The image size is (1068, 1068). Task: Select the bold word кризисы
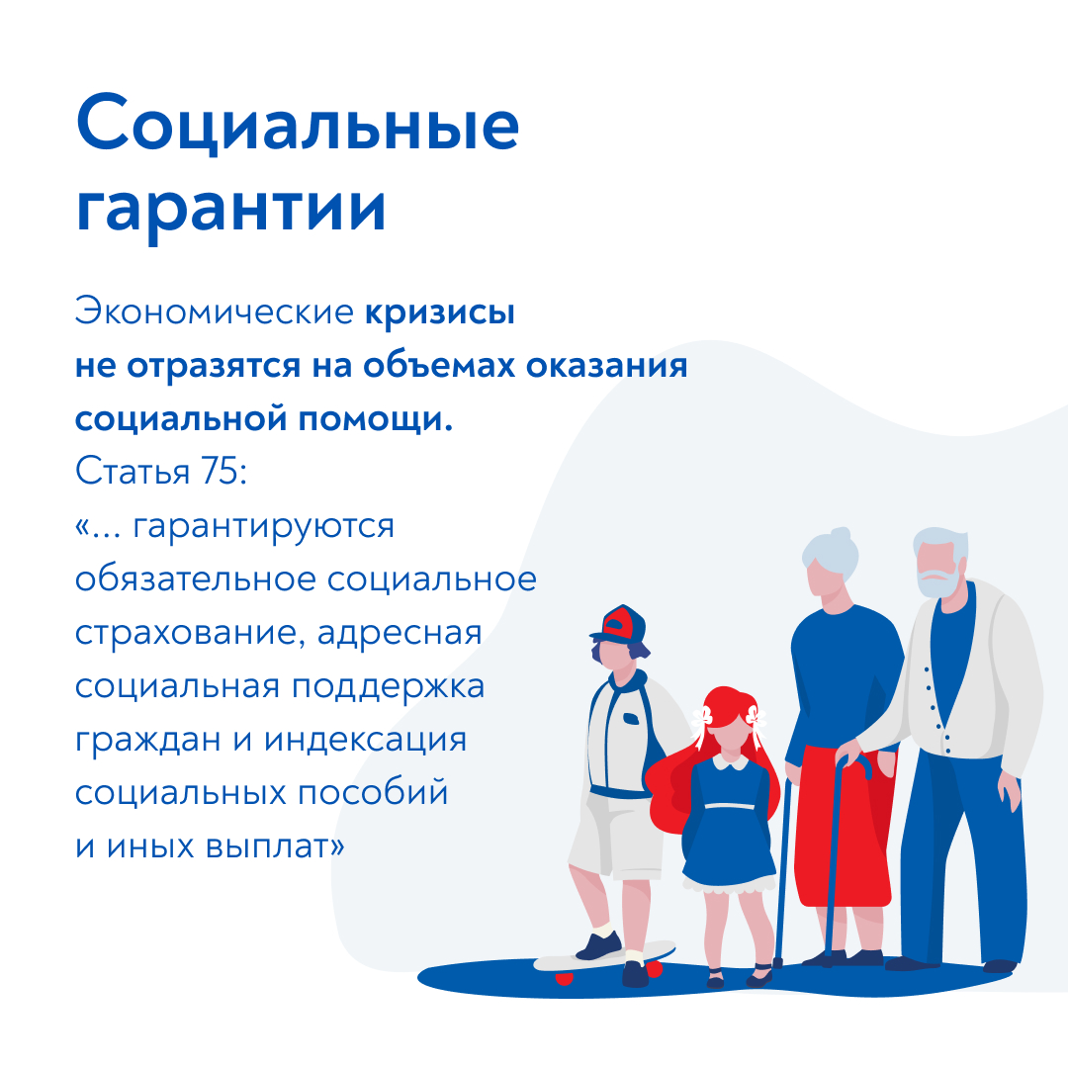pyautogui.click(x=440, y=313)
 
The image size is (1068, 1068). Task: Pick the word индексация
pyautogui.click(x=365, y=741)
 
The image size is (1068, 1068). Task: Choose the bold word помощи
pyautogui.click(x=376, y=419)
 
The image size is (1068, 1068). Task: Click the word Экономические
pyautogui.click(x=214, y=311)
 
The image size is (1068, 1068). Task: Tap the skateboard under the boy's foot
pyautogui.click(x=604, y=956)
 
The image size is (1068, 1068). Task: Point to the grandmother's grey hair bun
pyautogui.click(x=841, y=535)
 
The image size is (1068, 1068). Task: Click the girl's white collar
pyautogui.click(x=730, y=761)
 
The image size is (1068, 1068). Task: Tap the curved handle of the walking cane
pyautogui.click(x=854, y=765)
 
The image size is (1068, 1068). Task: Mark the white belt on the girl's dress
pyautogui.click(x=730, y=807)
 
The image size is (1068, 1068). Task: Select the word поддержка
pyautogui.click(x=389, y=687)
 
